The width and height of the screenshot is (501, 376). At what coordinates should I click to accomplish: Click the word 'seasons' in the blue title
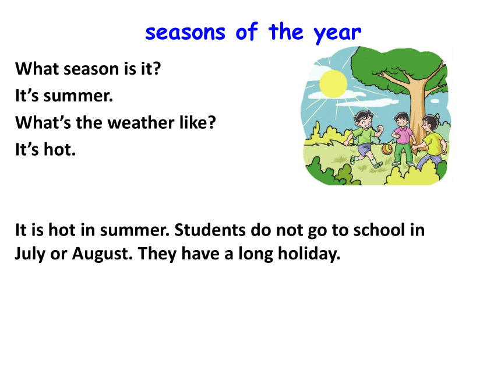point(185,33)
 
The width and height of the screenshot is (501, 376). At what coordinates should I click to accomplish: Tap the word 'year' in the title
point(337,34)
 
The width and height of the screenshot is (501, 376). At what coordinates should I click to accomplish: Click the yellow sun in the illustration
point(333,84)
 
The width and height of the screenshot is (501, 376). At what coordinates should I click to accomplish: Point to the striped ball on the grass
point(387,149)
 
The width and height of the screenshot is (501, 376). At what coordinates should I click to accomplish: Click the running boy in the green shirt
point(365,138)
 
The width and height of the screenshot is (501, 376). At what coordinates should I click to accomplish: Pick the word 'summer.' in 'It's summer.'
point(78,96)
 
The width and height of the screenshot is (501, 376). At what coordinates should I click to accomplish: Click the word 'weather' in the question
point(141,122)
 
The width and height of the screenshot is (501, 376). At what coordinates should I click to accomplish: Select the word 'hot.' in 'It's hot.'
point(60,149)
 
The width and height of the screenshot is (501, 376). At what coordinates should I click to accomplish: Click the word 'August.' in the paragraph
point(103,254)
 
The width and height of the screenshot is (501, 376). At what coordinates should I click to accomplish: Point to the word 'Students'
point(210,230)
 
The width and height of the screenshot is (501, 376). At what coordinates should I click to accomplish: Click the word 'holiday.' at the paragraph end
point(309,254)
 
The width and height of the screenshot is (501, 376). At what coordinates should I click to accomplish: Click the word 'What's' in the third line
point(43,122)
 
